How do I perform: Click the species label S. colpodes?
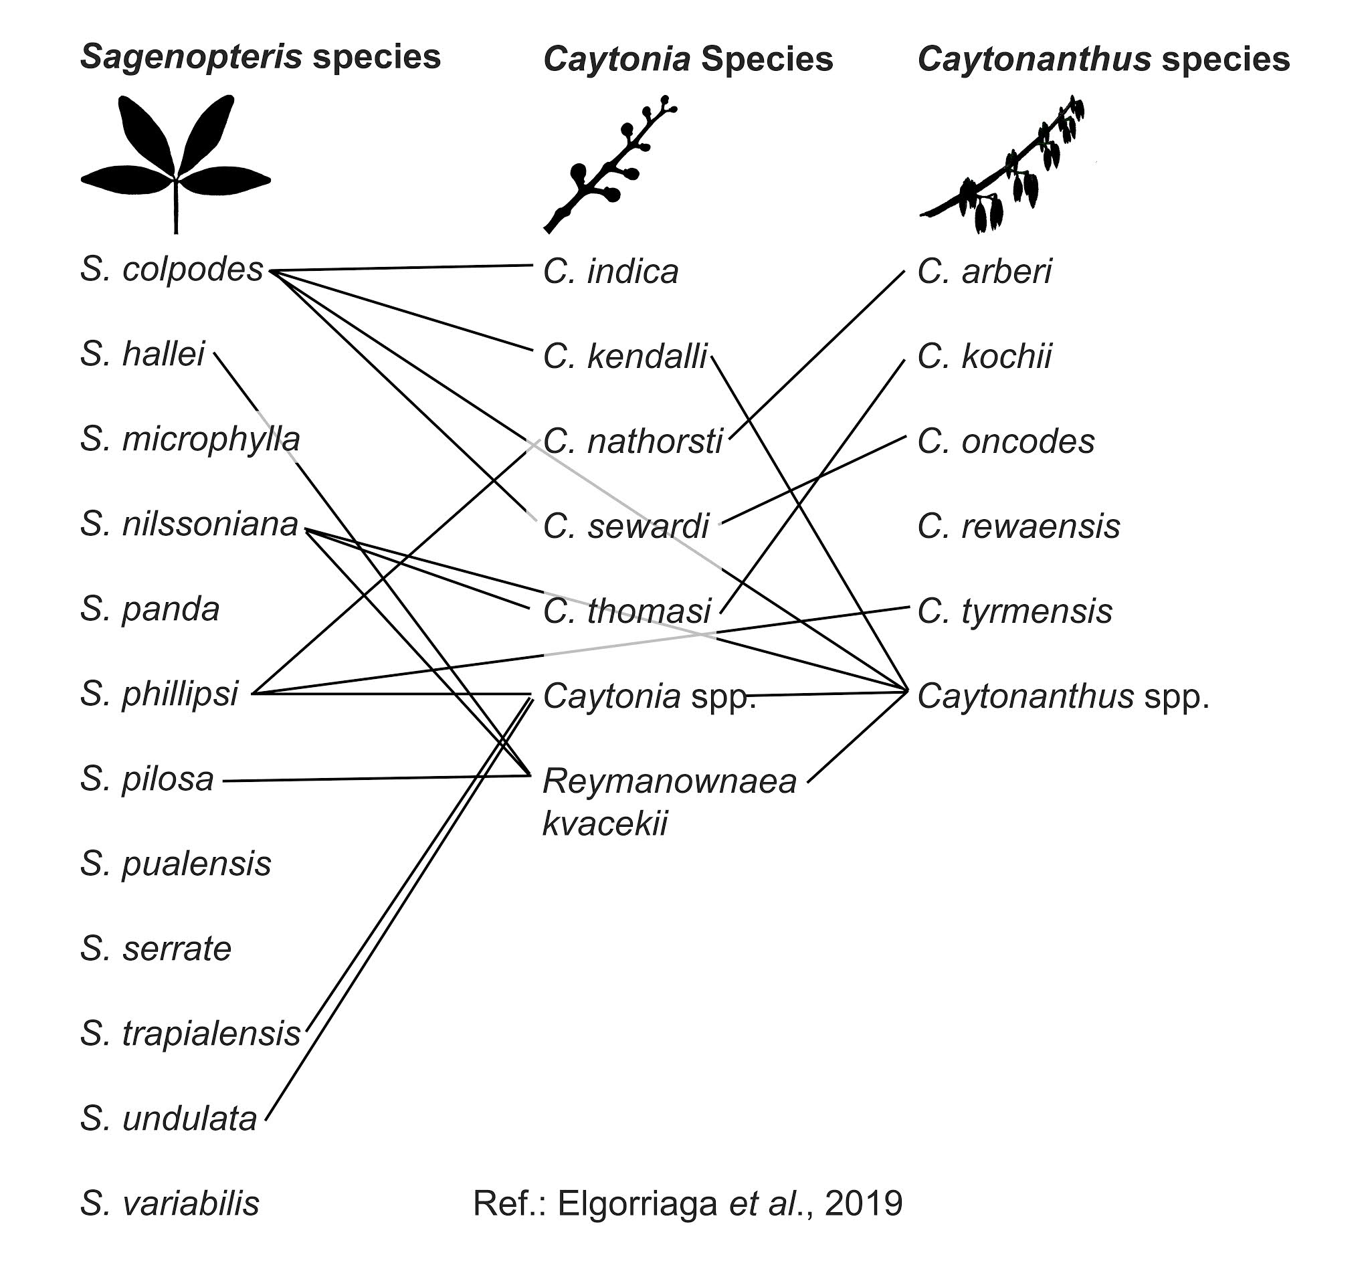[171, 270]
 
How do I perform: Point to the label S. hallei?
[142, 355]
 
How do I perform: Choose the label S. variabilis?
[170, 1203]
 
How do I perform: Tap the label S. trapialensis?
[191, 1034]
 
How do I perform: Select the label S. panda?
[150, 609]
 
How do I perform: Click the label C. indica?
[611, 272]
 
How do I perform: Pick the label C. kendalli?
[625, 357]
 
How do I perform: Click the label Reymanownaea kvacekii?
[669, 801]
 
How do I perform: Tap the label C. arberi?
[985, 272]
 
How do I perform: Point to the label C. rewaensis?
[1019, 526]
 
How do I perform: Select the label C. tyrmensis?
[1015, 611]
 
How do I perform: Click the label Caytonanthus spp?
[1063, 697]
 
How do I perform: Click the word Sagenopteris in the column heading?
[191, 57]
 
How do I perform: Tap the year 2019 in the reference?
[864, 1203]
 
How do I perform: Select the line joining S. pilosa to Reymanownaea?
[377, 777]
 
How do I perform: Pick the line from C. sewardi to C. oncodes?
[815, 478]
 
